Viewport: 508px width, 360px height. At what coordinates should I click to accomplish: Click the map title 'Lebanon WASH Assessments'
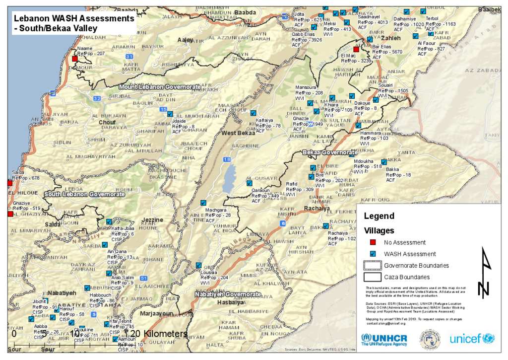74,18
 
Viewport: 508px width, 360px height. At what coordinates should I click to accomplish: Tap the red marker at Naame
75,59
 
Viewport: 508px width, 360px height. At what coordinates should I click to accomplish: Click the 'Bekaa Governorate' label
330,152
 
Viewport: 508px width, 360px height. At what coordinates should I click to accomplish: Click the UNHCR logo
384,340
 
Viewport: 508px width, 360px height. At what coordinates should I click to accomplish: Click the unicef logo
472,339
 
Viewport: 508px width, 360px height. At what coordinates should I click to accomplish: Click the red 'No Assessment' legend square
372,242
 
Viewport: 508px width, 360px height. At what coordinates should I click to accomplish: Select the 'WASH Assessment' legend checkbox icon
372,254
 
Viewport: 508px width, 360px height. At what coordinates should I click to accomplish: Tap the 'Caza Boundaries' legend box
372,277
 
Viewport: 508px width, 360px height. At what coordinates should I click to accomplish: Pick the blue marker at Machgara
203,203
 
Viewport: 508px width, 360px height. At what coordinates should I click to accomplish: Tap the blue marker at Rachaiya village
325,226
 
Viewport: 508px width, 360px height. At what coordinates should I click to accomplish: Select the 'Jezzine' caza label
152,219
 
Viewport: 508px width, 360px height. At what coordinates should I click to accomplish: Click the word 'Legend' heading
379,216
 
